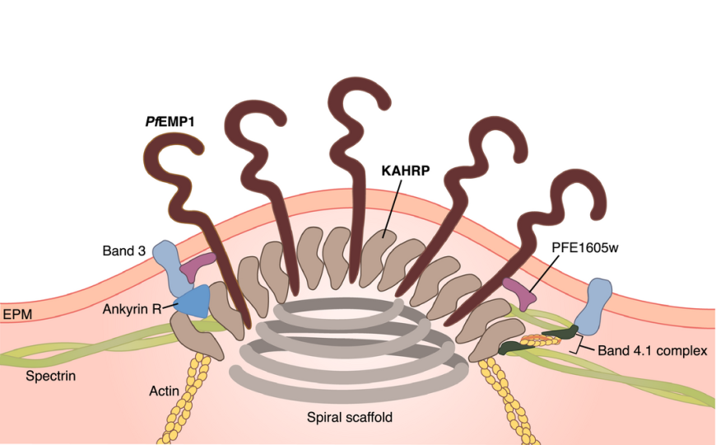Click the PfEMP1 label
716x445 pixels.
(x=174, y=121)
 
